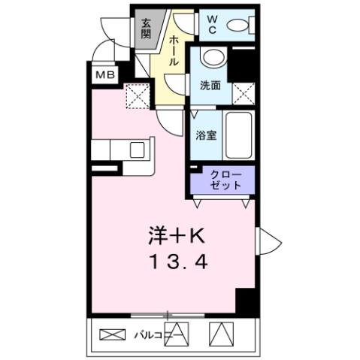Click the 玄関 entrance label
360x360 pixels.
click(x=145, y=29)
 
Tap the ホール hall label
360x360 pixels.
click(x=174, y=51)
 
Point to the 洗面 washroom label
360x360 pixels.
click(x=210, y=86)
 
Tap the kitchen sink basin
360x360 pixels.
click(x=138, y=149)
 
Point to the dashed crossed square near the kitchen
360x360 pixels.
click(x=137, y=95)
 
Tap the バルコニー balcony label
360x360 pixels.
click(x=151, y=333)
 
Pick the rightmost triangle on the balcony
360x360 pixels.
click(x=219, y=332)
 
